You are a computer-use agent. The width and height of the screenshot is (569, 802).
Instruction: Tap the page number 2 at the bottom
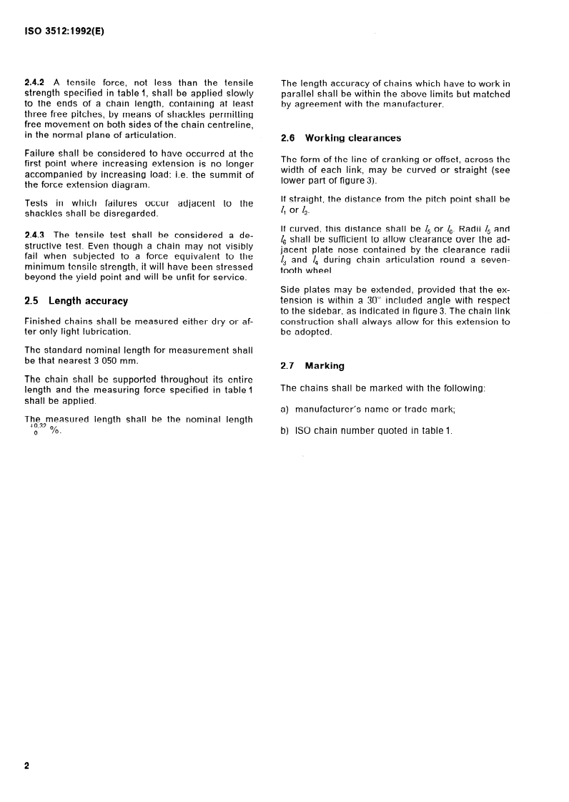(27, 766)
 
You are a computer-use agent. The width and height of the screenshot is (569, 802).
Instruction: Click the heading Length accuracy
(88, 301)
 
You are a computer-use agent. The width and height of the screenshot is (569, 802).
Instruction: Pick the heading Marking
(325, 365)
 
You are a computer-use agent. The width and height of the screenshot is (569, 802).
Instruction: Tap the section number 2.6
(288, 138)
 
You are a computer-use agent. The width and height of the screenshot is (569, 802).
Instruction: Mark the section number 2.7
(288, 365)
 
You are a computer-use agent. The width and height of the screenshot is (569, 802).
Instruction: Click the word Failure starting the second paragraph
(41, 153)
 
